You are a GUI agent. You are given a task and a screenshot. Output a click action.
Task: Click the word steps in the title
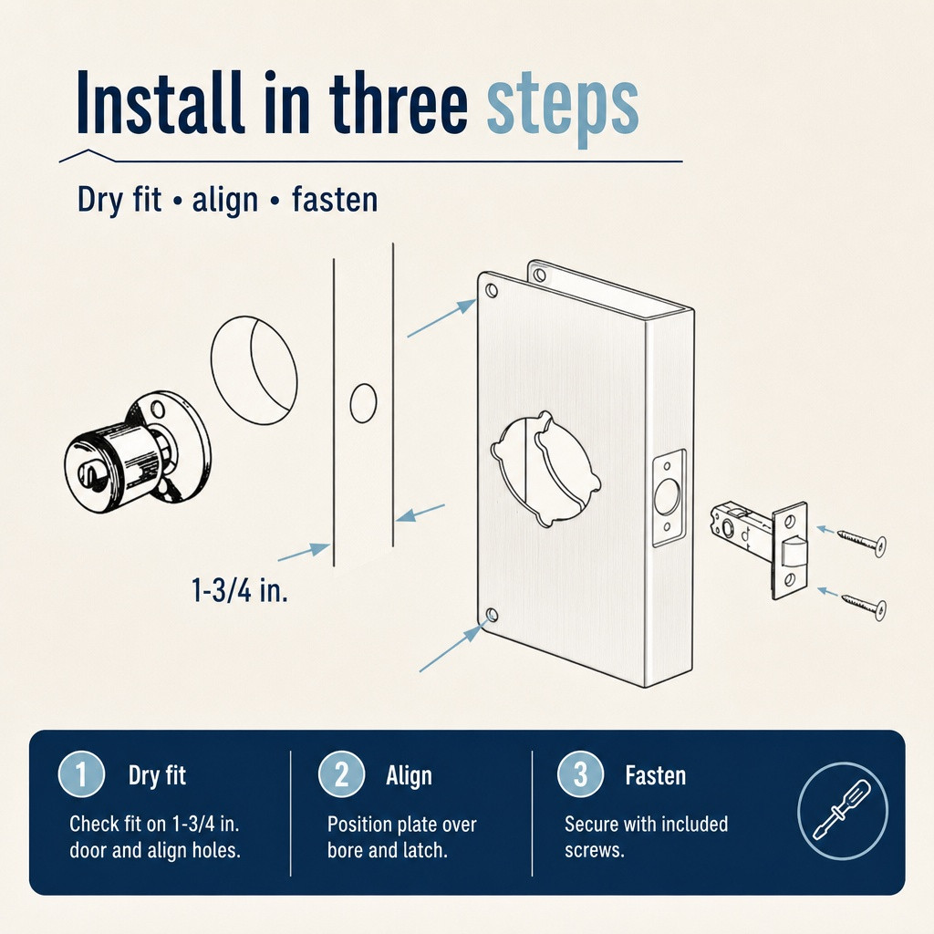coord(563,106)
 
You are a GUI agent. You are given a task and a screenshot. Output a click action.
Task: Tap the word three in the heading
coord(399,101)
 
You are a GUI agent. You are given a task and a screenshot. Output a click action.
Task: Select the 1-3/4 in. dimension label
coord(240,590)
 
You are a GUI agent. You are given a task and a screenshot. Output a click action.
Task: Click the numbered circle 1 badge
coord(81,774)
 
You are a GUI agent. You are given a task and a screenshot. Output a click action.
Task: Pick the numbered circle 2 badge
coord(341,774)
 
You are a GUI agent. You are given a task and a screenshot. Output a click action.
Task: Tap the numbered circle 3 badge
coord(581,774)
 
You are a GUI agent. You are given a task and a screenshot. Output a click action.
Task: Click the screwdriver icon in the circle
coord(842,810)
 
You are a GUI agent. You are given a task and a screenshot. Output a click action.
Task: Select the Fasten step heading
coord(655,775)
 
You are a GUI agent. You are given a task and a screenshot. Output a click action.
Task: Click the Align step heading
coord(409,775)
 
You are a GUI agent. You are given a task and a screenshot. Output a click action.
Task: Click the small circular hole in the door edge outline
coord(363,403)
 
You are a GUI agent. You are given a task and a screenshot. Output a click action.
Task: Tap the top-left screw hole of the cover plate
coord(492,291)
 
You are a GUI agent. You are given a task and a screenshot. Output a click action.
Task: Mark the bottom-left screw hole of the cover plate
coord(492,615)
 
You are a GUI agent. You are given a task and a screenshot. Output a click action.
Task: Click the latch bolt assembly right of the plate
coord(759,547)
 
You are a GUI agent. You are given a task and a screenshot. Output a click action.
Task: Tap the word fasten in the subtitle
coord(335,199)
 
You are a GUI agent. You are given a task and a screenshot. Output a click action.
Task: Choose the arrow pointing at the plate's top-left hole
coord(441,318)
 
